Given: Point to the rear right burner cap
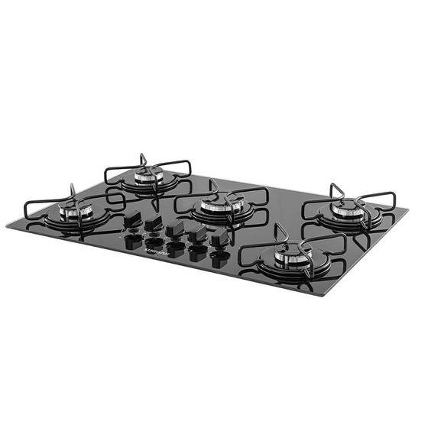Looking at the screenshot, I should point(348,206).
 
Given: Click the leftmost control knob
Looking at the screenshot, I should point(131,220).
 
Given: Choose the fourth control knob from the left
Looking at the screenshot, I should point(198,234).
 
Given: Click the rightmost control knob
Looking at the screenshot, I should point(221,238).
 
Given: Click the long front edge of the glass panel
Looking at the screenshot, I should point(153,260).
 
